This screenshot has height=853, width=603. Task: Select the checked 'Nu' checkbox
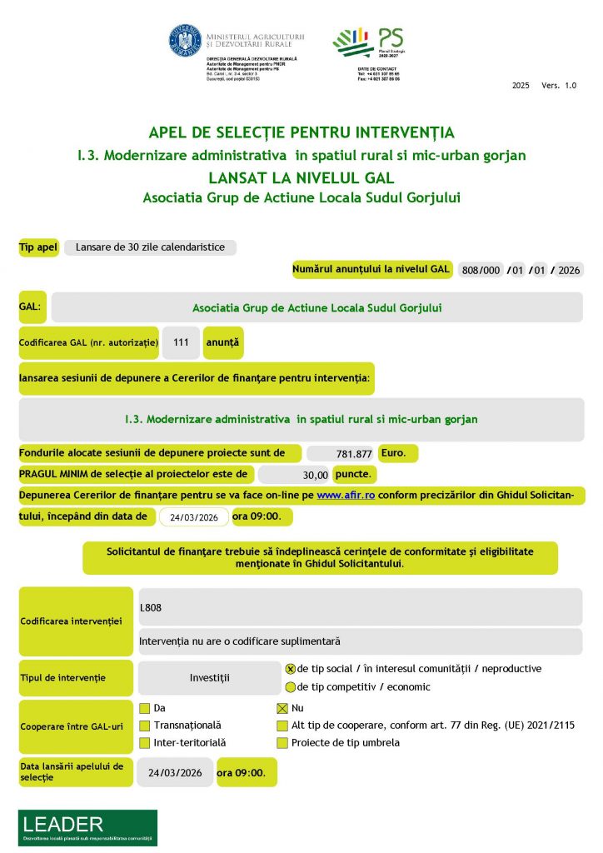point(282,708)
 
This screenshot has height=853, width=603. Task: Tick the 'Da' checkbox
point(144,708)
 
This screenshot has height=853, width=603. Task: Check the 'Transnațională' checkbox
point(144,726)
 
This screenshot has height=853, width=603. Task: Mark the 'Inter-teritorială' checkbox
point(144,743)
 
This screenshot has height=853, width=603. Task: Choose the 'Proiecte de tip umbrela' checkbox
point(282,743)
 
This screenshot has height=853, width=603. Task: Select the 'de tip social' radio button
point(291,669)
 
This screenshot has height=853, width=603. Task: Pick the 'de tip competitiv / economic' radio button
point(291,687)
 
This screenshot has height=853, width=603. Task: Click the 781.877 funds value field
point(341,454)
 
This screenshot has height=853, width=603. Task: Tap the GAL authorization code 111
point(181,342)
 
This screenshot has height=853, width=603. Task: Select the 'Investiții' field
point(209,678)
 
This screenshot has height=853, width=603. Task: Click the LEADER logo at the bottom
point(87,827)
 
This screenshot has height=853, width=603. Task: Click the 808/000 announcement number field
point(481,270)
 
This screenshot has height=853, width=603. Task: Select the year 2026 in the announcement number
point(569,270)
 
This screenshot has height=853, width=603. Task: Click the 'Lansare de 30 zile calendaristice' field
point(150,247)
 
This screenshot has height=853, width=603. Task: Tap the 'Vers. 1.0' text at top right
point(558,86)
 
